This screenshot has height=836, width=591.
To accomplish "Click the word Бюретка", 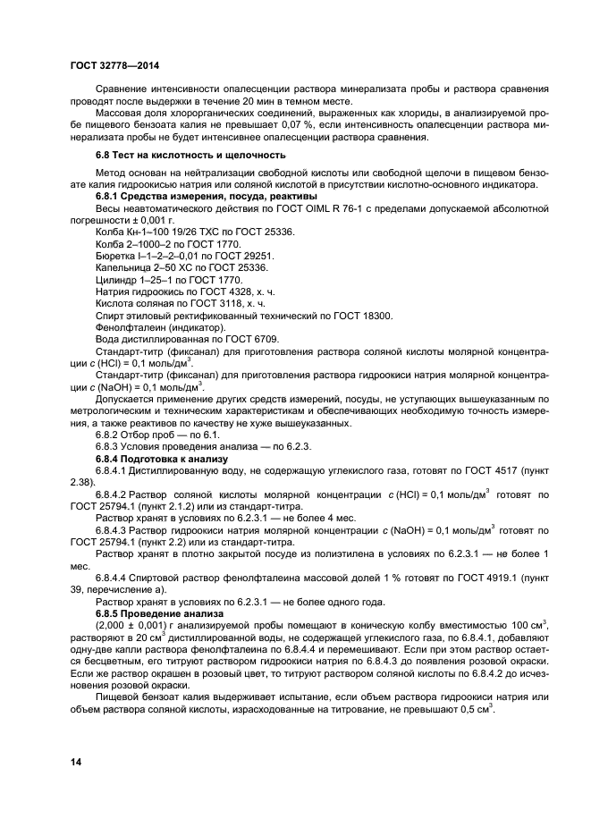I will (117, 255).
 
